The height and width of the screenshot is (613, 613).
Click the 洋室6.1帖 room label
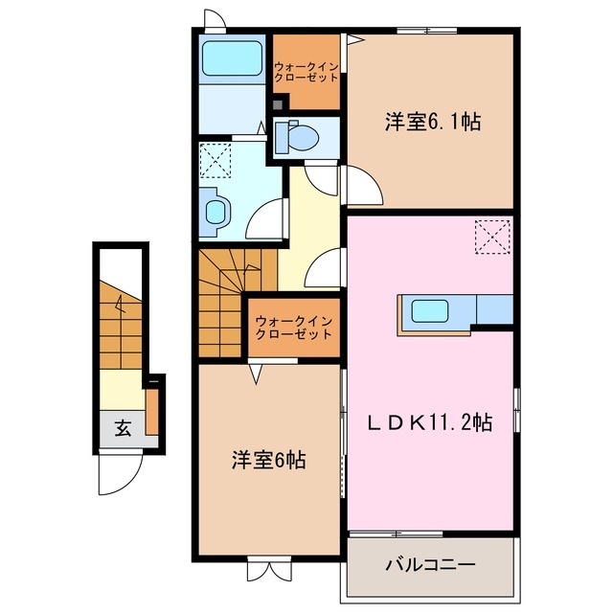[x=433, y=122]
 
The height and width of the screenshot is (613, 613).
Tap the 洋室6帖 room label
[x=267, y=460]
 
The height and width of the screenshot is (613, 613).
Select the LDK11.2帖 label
[x=433, y=421]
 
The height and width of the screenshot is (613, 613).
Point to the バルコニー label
[x=430, y=565]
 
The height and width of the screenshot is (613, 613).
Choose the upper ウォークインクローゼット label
[x=306, y=72]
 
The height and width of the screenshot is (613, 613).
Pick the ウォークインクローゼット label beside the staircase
[x=294, y=328]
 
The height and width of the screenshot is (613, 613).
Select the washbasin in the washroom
[x=216, y=211]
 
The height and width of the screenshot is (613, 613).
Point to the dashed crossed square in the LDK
[x=492, y=237]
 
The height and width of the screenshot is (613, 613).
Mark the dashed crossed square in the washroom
[x=216, y=159]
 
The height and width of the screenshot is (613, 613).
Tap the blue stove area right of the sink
[x=493, y=309]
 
